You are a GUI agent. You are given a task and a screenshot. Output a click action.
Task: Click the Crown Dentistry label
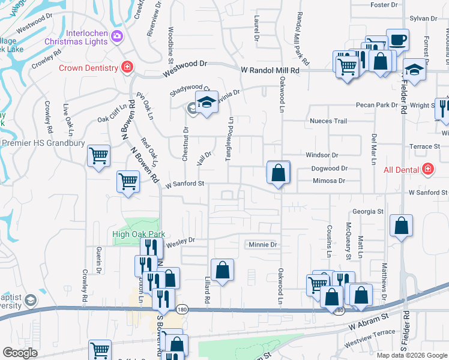tap(88, 68)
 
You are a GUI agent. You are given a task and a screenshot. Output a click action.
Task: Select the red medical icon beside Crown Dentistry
tap(127, 67)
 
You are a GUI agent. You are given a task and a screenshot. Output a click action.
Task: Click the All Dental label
tap(402, 170)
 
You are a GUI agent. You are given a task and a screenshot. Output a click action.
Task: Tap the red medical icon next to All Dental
tap(427, 170)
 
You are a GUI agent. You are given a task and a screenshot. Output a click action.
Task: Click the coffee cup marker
tap(397, 41)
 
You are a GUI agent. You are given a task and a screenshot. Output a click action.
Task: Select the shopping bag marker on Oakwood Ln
tap(279, 173)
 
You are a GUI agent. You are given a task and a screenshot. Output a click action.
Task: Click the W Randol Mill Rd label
tap(270, 70)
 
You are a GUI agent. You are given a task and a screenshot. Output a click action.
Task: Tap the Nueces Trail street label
tap(328, 121)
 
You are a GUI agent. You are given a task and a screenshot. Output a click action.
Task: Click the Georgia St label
tap(368, 212)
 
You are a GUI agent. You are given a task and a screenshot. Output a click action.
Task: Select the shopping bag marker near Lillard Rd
tap(222, 271)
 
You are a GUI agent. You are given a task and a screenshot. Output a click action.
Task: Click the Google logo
tap(20, 352)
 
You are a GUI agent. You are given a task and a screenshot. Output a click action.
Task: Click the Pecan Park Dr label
tap(377, 105)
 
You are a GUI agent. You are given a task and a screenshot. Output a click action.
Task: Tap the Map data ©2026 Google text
tap(412, 355)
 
